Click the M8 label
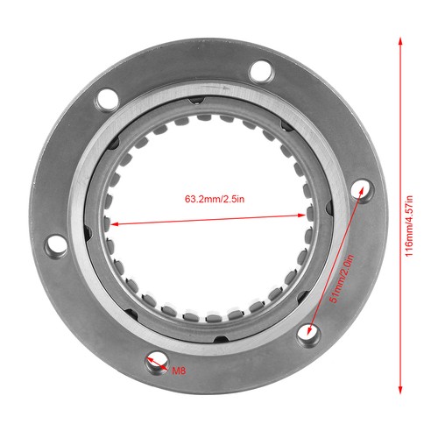point(179,371)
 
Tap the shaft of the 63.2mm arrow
point(158,223)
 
